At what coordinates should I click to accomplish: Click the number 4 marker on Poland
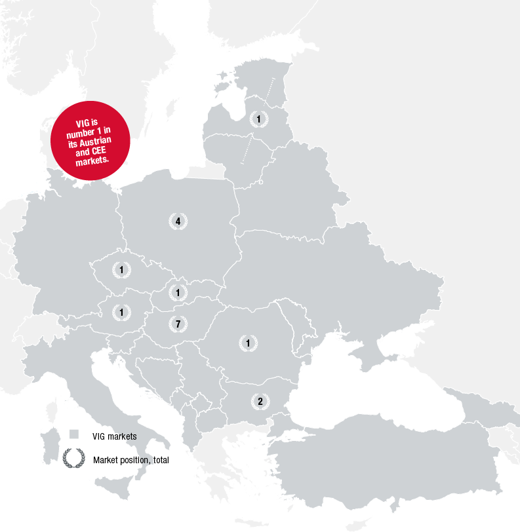(x=178, y=221)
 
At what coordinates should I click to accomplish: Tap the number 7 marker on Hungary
(x=178, y=324)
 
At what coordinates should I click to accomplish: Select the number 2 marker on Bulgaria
(x=260, y=401)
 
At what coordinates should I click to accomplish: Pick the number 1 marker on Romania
(x=248, y=343)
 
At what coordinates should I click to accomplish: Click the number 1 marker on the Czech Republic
(x=121, y=269)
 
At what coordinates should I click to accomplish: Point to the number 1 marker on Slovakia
(x=178, y=292)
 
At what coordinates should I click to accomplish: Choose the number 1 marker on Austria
(x=121, y=313)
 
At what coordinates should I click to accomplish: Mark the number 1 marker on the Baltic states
(x=259, y=119)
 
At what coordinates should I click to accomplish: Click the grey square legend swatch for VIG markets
(x=74, y=434)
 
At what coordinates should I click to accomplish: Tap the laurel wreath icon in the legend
(x=73, y=459)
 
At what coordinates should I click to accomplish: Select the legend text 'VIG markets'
(x=115, y=436)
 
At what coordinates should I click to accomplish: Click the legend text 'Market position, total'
(x=131, y=461)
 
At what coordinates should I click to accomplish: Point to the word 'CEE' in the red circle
(x=100, y=151)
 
